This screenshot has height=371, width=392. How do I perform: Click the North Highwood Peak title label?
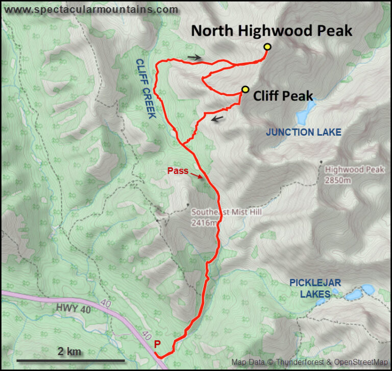pyautogui.click(x=272, y=31)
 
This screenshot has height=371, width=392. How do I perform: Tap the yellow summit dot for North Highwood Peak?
pyautogui.click(x=267, y=47)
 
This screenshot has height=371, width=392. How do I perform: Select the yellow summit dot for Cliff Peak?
pyautogui.click(x=246, y=90)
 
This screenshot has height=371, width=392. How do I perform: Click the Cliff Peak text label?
pyautogui.click(x=283, y=95)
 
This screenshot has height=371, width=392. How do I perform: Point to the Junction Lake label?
pyautogui.click(x=303, y=132)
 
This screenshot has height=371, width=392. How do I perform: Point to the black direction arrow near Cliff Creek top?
pyautogui.click(x=194, y=58)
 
